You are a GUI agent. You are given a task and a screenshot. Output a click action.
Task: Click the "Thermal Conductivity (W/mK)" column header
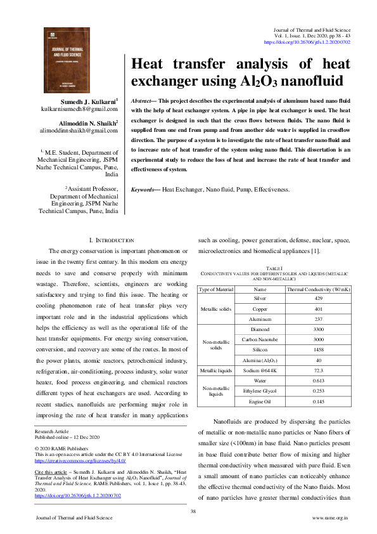(x=319, y=289)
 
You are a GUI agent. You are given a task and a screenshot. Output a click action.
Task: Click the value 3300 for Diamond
(x=319, y=330)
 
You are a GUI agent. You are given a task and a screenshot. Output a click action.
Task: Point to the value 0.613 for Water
(x=319, y=381)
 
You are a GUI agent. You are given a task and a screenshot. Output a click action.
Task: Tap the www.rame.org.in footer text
(x=331, y=518)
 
